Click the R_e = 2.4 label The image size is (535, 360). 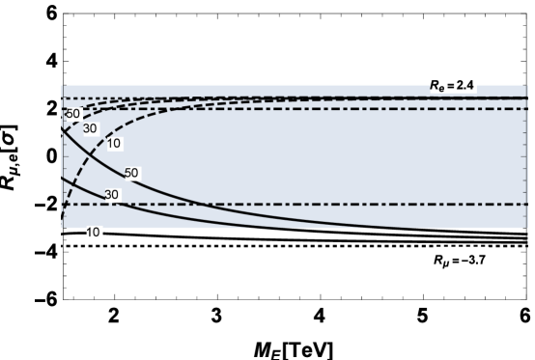tap(453, 85)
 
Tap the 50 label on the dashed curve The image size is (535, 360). tap(72, 114)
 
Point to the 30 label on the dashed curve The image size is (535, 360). tap(90, 128)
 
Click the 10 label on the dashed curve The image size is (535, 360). tap(113, 144)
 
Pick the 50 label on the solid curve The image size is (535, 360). tap(132, 173)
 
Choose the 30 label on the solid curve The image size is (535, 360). tap(111, 195)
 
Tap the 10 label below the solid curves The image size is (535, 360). tap(94, 233)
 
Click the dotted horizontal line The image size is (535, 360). tap(290, 98)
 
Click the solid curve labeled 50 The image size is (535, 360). tap(155, 184)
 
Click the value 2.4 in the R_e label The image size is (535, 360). tap(468, 85)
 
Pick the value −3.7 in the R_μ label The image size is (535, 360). tap(472, 261)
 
